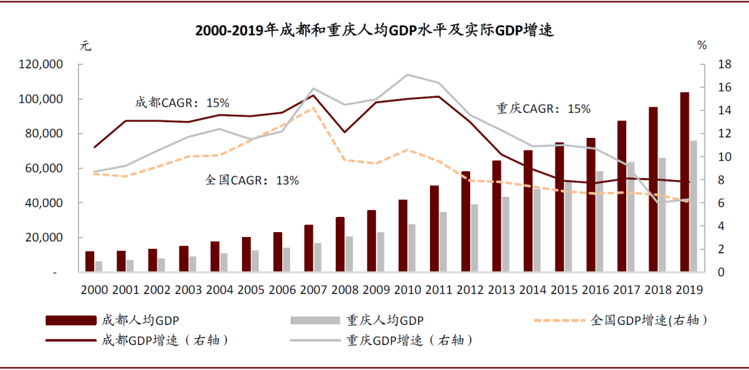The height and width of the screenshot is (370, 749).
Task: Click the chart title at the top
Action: [374, 31]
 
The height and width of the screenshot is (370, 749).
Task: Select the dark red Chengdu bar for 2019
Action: [685, 182]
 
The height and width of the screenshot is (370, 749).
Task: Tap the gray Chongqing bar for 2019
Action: [694, 206]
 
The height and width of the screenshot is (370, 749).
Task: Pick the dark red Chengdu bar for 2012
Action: [465, 221]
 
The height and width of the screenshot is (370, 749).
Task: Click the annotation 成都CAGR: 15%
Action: [182, 103]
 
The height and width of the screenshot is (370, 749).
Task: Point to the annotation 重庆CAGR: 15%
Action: [543, 109]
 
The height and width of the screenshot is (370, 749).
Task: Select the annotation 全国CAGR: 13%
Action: [252, 180]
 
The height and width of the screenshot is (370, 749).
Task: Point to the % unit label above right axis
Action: [702, 46]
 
